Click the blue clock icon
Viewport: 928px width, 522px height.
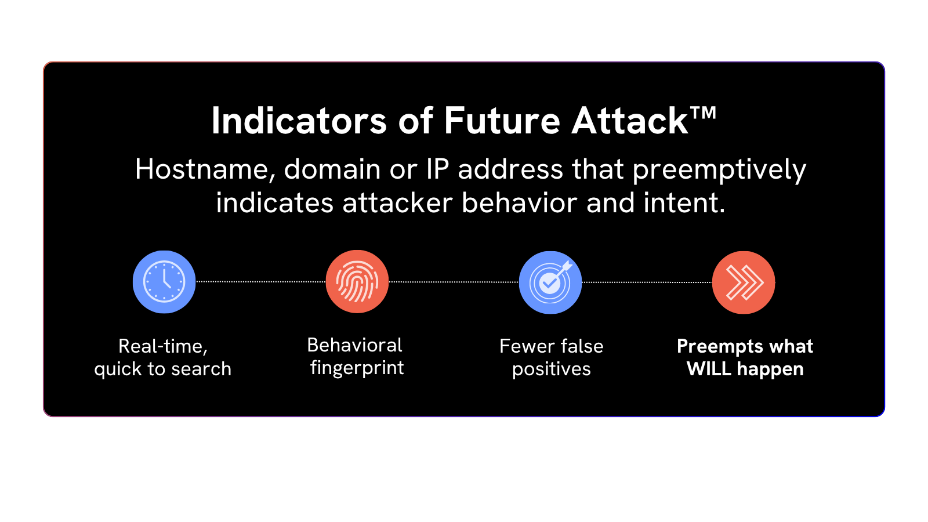(164, 282)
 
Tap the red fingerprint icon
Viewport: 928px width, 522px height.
(357, 282)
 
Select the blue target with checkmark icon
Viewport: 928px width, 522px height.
(550, 282)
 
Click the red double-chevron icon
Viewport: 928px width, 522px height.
(744, 282)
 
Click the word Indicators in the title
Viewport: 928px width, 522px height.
(299, 121)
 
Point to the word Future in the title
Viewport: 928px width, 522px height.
(502, 121)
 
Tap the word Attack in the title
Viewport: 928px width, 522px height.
(630, 121)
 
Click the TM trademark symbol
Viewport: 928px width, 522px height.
(703, 113)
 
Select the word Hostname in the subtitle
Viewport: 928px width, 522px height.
(205, 169)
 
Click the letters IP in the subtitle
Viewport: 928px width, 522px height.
(438, 169)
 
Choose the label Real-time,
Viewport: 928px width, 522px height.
(163, 346)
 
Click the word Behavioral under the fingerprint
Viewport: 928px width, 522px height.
(354, 345)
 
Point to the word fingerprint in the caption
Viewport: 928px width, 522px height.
(357, 368)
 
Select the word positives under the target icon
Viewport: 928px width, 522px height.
(552, 369)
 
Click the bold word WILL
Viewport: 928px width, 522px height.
(709, 369)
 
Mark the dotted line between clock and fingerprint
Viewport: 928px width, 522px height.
(260, 282)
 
